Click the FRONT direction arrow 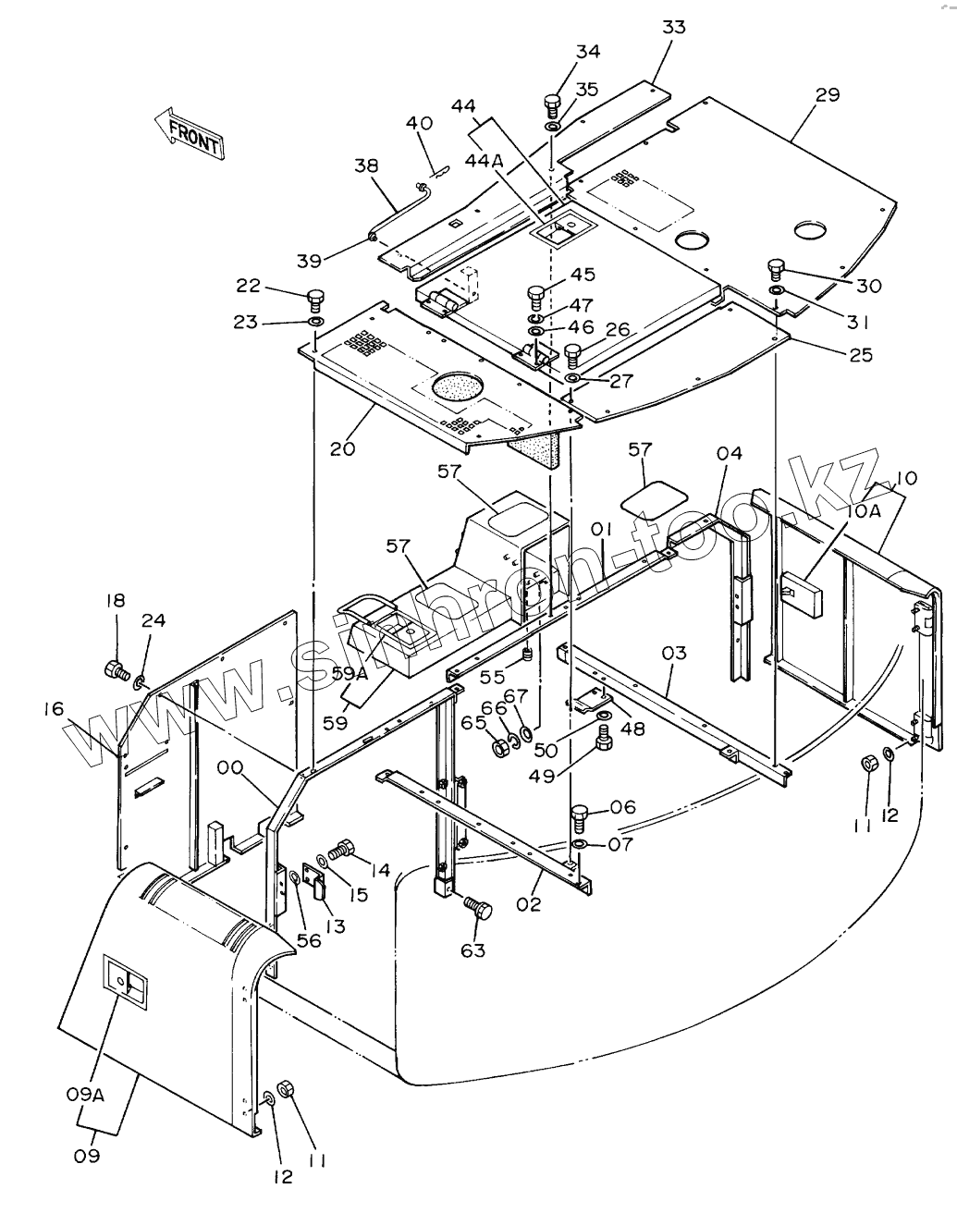coord(190,135)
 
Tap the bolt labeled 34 coord(553,103)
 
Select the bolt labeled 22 coord(315,299)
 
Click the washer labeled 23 coord(315,322)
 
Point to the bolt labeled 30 coord(776,271)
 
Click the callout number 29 coord(827,94)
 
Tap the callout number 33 coord(674,27)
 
